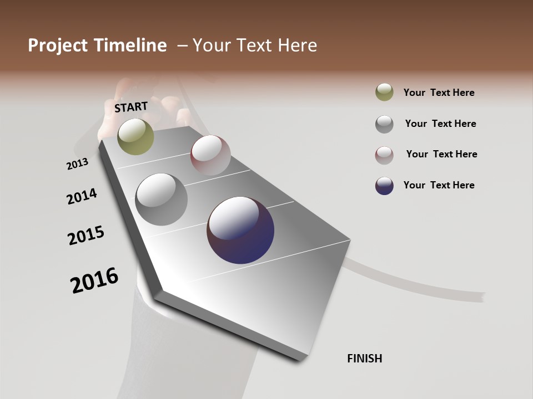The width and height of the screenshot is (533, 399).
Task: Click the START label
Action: pos(131,107)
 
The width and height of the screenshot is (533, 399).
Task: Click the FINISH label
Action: pos(364,359)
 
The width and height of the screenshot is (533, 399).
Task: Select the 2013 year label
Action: pos(77,164)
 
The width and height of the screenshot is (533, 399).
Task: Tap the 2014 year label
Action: pos(82,196)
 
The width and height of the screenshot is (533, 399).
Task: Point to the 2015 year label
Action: pos(86,236)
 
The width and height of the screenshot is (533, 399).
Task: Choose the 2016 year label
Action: pos(94,280)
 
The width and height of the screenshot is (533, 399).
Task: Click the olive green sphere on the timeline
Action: pos(135,136)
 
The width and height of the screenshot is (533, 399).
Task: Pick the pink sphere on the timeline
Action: pos(210,155)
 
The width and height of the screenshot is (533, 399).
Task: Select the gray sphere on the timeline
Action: pos(161,199)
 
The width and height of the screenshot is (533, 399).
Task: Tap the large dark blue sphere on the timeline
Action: pos(240,230)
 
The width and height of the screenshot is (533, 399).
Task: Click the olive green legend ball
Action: pos(384,92)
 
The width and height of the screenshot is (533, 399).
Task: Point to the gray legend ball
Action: pos(384,124)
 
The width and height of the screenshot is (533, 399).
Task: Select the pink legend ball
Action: pos(384,155)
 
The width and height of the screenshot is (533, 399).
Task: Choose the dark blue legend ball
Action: pos(384,186)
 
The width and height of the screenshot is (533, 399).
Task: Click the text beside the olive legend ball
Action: pos(439,93)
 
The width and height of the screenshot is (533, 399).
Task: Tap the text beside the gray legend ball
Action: pos(440,124)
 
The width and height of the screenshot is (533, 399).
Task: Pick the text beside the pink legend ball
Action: pos(441,154)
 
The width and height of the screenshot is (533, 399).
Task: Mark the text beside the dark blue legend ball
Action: pos(439,185)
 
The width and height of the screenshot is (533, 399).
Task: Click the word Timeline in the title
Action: pos(131,45)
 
